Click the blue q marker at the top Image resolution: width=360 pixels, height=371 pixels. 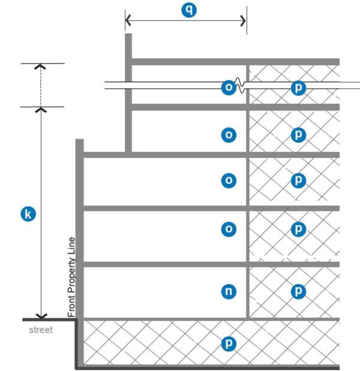coord(189,10)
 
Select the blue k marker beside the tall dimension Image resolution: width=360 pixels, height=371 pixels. coord(26,213)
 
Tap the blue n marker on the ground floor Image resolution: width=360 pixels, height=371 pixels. coord(229,292)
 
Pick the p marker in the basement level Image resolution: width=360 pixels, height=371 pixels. coord(229,344)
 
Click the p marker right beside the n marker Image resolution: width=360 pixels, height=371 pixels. coord(298,292)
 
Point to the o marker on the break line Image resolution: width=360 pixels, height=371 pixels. coord(229,88)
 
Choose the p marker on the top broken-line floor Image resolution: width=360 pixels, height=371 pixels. coord(298,88)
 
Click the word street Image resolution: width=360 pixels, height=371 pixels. coord(41,330)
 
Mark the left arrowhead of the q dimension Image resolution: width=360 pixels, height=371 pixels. coord(128,20)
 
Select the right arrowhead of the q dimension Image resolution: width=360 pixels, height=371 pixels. coord(243,20)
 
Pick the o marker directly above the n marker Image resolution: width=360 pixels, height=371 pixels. coord(229,229)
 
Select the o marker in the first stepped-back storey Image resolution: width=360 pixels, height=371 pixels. coord(229,135)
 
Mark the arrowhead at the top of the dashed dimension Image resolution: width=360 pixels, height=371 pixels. coord(41,67)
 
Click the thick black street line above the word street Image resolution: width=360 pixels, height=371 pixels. coord(48,319)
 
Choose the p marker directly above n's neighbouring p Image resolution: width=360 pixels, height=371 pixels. coord(298,229)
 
